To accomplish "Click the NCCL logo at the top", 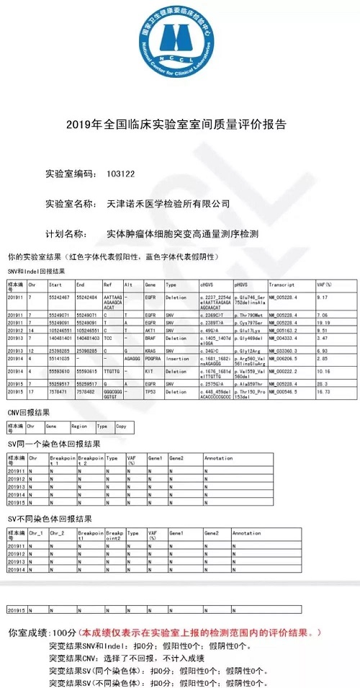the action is click(x=180, y=50).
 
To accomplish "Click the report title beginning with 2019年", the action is click(x=180, y=125).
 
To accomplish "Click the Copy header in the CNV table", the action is click(x=122, y=426).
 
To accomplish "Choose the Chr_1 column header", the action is click(x=37, y=533).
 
